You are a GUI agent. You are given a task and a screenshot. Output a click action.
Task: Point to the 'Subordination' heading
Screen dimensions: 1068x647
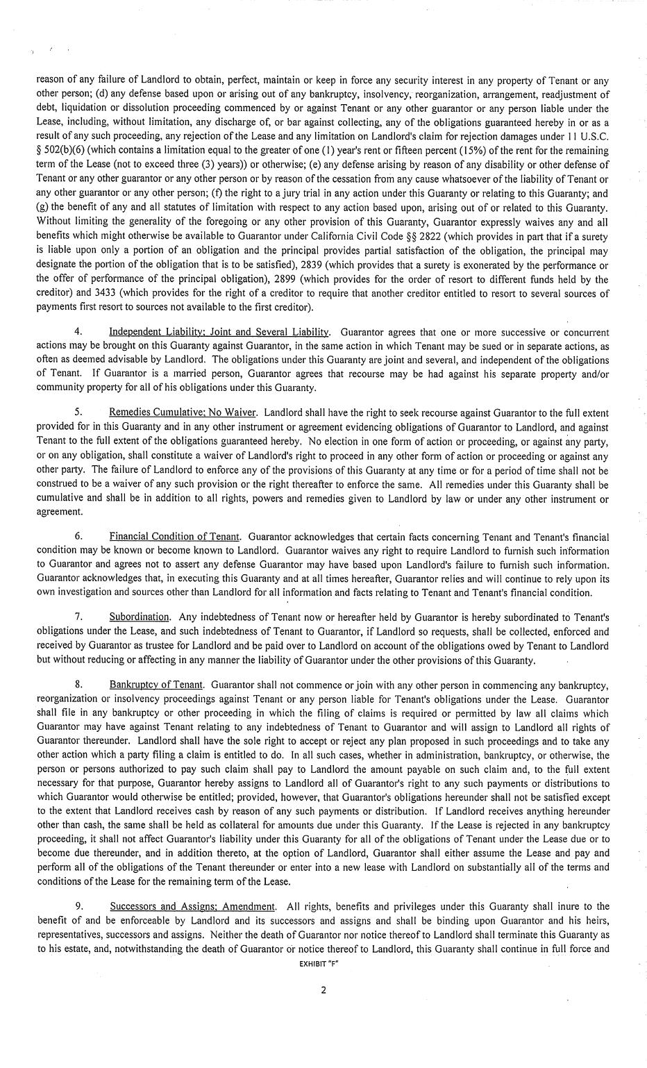click(x=140, y=617)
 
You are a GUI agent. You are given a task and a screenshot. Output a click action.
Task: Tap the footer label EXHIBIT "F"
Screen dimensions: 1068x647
click(x=323, y=965)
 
